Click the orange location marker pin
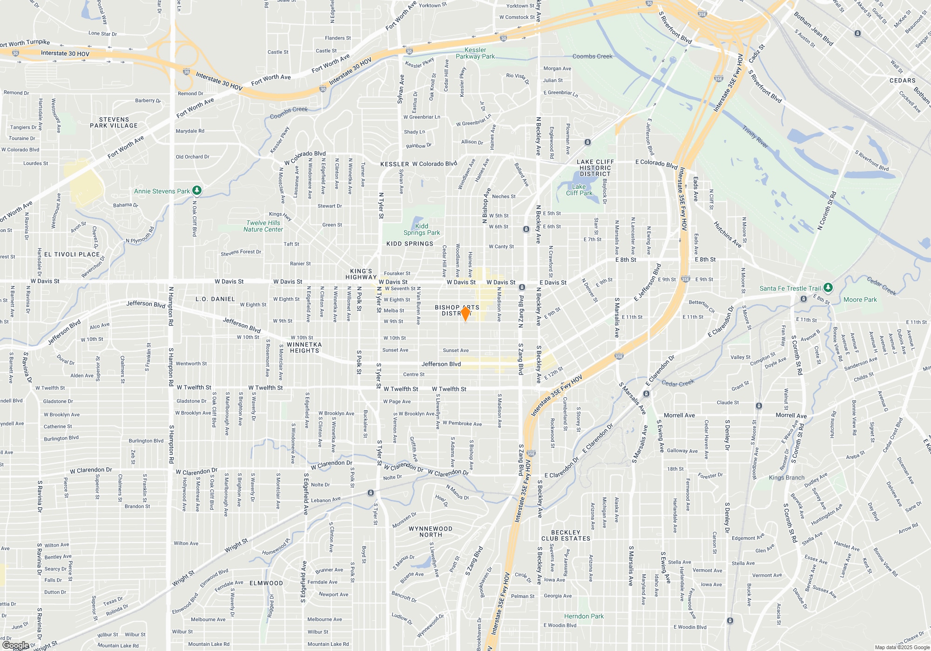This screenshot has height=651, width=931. coord(465,313)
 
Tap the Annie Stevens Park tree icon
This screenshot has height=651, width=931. coord(197,190)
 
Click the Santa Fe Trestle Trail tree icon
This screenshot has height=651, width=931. coord(828,288)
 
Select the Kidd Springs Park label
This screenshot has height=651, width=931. coord(421,229)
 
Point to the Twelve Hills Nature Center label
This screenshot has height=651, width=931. coord(263,226)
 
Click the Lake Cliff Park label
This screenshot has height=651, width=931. coord(579,190)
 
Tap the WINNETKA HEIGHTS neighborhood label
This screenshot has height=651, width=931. coord(304,347)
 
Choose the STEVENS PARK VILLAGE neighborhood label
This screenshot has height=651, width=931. coord(114,122)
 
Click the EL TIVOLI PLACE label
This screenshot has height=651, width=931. coord(72,254)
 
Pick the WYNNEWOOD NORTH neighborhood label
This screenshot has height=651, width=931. coord(430,531)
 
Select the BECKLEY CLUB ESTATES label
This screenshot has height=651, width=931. coord(566,535)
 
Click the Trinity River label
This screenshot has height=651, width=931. coord(755,137)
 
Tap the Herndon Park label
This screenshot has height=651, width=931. coord(584,616)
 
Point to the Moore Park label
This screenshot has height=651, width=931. coord(860,299)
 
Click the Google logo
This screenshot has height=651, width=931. coord(16,645)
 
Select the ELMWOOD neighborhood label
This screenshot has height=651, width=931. coord(266,583)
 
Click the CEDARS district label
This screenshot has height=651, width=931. coord(902,80)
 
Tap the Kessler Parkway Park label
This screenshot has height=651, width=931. coord(475,53)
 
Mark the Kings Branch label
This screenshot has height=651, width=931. coord(787,478)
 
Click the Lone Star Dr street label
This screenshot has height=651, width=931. coord(102,33)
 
